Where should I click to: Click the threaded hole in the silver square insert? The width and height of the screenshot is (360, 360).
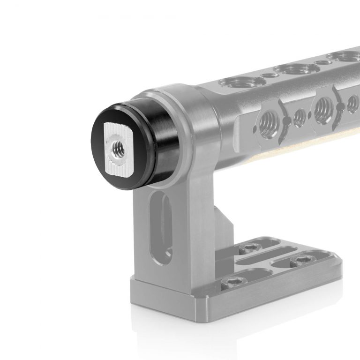(115, 149)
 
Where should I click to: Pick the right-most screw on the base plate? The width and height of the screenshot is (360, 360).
(298, 260)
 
